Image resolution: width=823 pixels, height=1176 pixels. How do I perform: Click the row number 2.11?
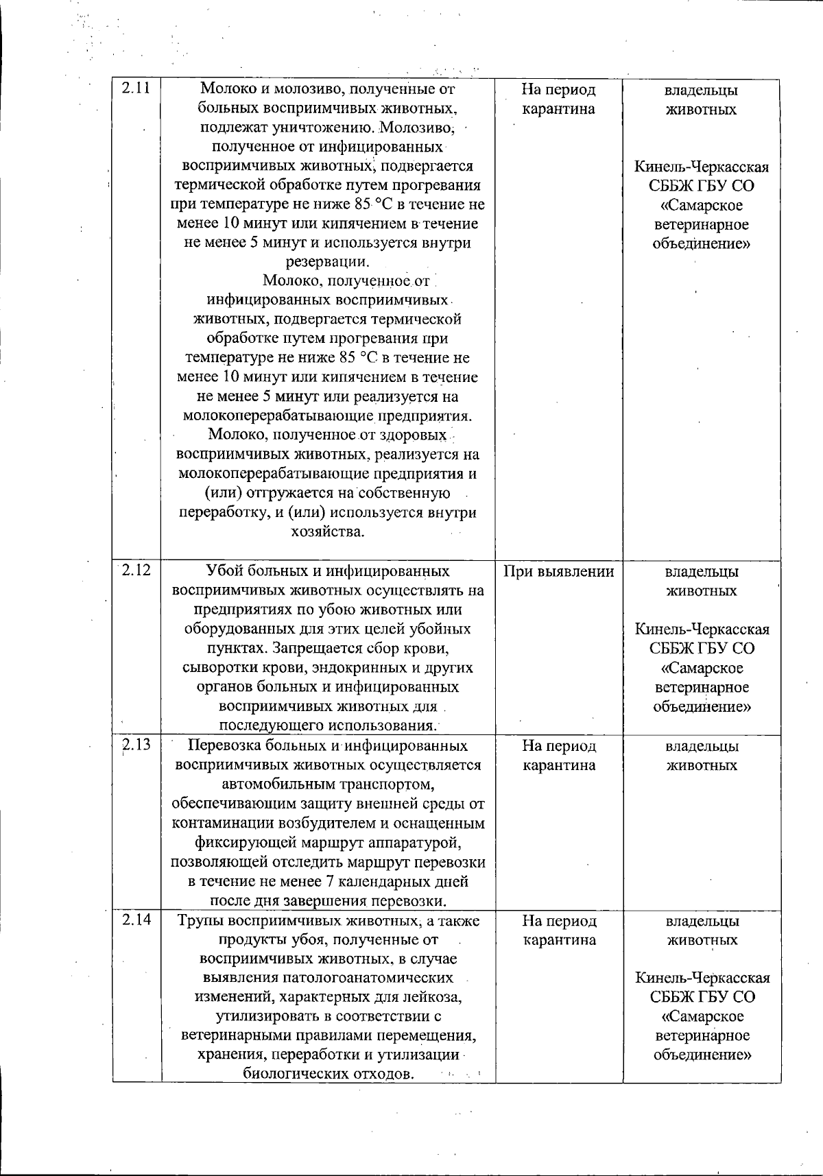point(137,89)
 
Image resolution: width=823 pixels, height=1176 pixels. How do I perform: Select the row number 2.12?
point(137,571)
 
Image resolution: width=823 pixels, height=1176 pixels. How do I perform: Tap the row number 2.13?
point(137,745)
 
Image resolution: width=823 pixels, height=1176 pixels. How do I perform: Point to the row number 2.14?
point(137,921)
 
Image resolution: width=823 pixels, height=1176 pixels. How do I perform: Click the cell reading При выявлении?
point(558,571)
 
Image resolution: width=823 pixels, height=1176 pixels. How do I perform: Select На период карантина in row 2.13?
point(559,755)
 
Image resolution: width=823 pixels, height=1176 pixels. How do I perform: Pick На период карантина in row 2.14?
point(559,931)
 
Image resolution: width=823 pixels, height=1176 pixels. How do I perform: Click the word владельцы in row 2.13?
point(702,746)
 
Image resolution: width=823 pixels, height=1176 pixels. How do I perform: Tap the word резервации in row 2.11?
point(327,262)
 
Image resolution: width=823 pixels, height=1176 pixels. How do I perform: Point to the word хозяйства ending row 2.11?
point(327,531)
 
